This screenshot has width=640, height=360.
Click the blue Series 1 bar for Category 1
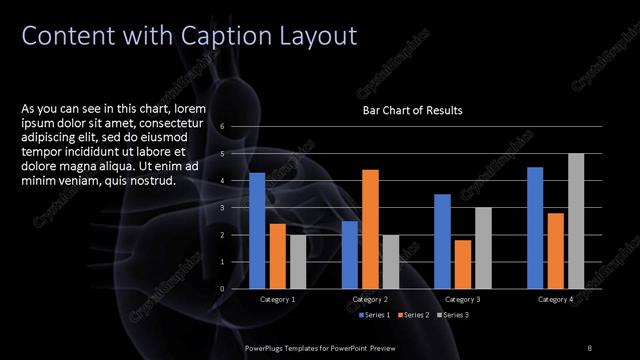pos(257,230)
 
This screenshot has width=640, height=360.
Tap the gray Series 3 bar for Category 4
pos(576,221)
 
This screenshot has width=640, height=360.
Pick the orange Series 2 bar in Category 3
pos(463,264)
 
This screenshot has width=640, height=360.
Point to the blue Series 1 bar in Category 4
pos(535,227)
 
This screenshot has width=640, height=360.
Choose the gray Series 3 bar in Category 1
pos(298,261)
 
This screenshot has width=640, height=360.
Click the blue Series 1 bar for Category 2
pos(349,254)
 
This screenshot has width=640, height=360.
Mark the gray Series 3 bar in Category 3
pos(483,247)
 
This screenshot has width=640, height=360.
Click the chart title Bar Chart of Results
pos(412,110)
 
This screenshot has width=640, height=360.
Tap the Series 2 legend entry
pos(412,315)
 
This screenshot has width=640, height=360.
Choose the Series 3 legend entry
pos(452,315)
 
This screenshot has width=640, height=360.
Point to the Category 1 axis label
pos(277,299)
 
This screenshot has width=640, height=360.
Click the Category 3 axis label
pos(462,299)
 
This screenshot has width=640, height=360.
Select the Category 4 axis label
pos(555,299)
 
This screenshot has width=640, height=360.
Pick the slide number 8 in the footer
pos(589,347)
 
